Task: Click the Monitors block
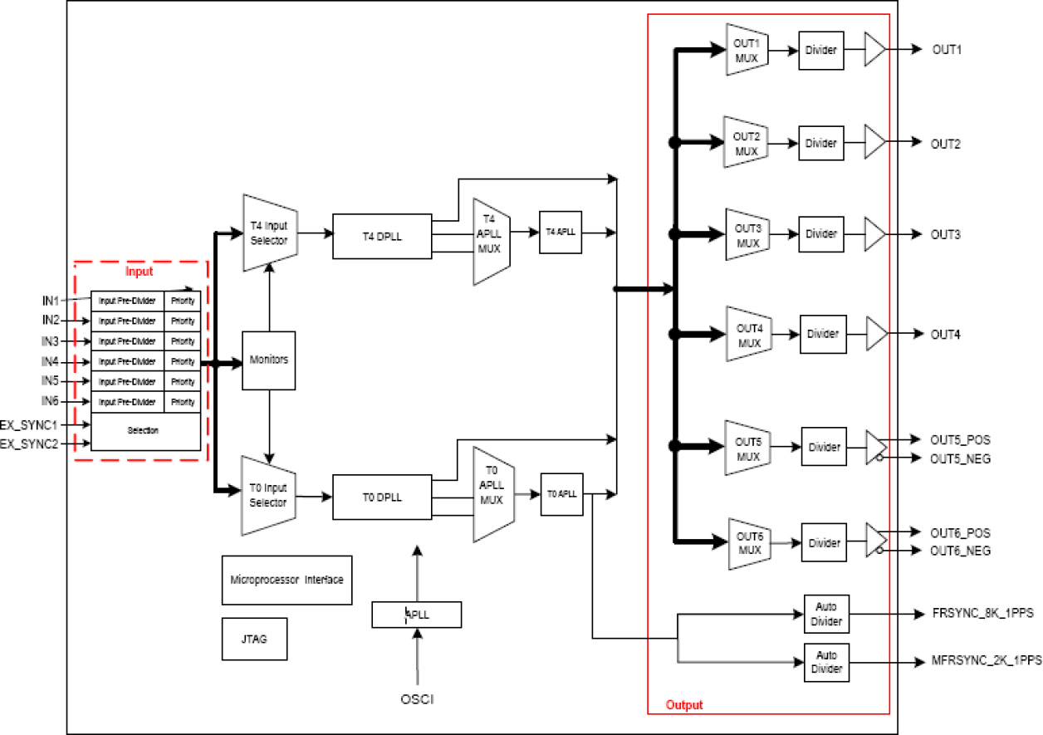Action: click(268, 360)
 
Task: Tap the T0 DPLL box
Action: click(382, 497)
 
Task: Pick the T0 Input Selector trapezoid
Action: click(268, 496)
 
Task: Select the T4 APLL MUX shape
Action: click(491, 241)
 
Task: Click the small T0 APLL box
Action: click(561, 493)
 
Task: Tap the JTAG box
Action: click(254, 639)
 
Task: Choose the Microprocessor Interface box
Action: click(286, 580)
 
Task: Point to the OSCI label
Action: click(417, 699)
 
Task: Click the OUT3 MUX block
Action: click(748, 235)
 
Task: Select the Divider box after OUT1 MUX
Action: click(821, 51)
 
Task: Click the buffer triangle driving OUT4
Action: click(875, 333)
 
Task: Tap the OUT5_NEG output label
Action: click(960, 458)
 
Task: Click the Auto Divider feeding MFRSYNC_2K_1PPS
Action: click(826, 663)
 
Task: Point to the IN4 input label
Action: click(51, 362)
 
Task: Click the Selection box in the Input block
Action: click(144, 431)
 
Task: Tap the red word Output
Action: click(684, 705)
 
